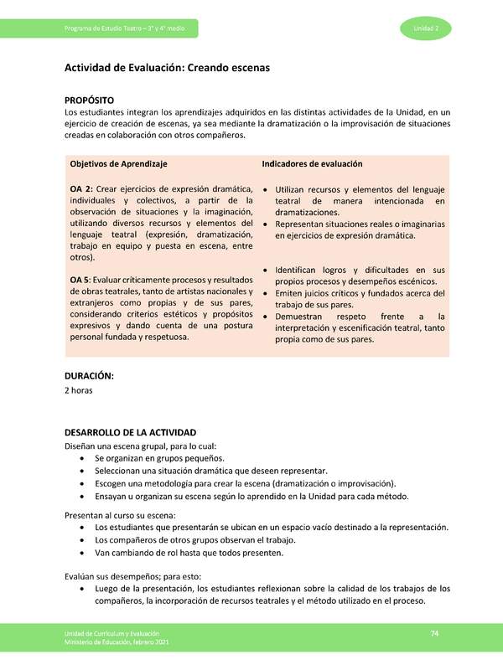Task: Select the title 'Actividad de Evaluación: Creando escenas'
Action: [167, 69]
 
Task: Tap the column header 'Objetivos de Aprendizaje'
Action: [119, 164]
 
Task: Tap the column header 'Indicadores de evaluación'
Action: [312, 164]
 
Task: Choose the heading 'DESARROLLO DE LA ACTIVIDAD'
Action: [130, 432]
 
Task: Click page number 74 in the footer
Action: [435, 632]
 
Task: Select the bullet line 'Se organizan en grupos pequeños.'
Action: [159, 458]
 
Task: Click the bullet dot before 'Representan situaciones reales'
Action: [266, 224]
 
